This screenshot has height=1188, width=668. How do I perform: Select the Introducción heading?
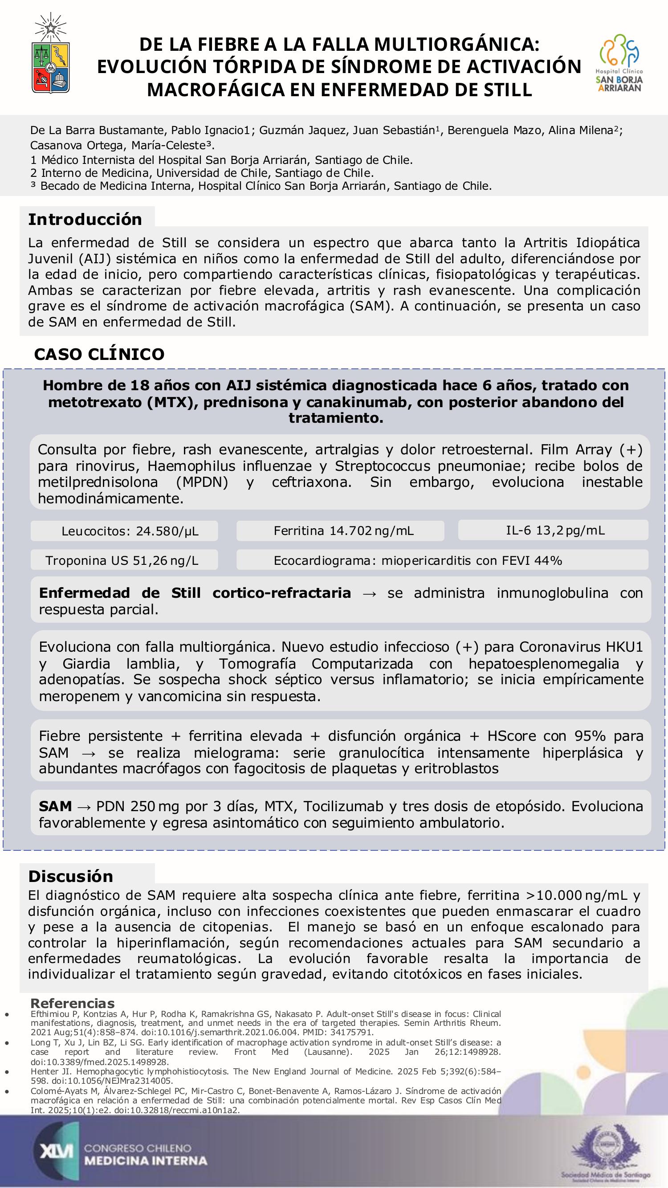tap(86, 219)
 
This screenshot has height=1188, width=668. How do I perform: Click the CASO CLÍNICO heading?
tap(99, 354)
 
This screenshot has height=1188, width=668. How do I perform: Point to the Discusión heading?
tap(70, 876)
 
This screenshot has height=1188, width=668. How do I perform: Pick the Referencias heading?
tap(73, 1003)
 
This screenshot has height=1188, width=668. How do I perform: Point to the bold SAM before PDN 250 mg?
tap(55, 806)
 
